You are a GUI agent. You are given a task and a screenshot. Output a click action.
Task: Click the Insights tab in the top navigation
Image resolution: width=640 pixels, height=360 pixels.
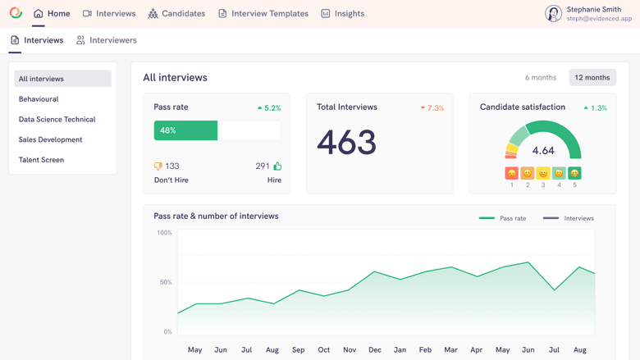pos(342,13)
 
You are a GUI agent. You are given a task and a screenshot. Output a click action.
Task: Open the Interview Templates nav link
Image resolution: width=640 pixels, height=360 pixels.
pos(263,13)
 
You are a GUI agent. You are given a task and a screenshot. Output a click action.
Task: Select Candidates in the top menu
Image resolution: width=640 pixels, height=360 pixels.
pos(176,13)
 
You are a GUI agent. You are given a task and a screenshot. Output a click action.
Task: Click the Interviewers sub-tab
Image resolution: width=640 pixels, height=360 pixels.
pos(106,40)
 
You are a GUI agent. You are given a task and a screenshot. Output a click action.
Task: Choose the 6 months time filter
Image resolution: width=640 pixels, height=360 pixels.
pos(540,77)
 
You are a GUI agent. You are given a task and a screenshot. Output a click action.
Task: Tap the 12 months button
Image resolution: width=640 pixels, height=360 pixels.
pos(592,77)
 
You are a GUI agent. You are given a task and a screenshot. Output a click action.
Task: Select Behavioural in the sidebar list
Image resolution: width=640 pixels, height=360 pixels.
pos(39,99)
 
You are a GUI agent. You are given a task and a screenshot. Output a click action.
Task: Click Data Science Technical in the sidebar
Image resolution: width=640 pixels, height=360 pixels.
pos(57,120)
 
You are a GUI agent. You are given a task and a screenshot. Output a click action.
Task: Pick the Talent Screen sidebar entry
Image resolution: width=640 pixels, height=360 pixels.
pos(41,160)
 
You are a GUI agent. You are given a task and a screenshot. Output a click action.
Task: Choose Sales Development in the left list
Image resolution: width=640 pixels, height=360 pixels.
pos(50,139)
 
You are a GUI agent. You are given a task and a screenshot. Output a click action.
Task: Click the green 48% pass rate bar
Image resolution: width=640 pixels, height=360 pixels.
pos(185,130)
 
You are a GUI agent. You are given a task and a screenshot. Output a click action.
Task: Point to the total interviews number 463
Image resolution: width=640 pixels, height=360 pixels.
pos(346,143)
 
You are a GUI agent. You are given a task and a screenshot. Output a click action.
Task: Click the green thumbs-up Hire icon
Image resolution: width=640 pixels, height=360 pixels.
pos(277,166)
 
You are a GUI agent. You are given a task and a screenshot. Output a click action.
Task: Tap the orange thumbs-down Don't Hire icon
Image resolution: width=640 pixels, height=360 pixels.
pos(158,166)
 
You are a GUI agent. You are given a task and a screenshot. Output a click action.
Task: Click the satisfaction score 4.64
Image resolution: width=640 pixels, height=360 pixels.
pos(542,151)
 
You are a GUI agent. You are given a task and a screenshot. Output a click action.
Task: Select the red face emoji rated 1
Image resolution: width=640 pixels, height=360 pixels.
pos(511,173)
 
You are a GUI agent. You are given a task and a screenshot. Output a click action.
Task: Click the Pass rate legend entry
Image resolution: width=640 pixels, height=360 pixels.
pos(502,218)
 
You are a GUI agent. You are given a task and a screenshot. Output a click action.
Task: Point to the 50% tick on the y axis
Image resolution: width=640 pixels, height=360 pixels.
pos(164,282)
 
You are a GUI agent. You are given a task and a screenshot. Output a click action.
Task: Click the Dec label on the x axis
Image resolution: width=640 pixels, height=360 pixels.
pos(374,350)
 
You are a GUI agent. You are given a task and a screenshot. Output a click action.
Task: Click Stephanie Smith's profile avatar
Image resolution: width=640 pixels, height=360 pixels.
pos(553,13)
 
